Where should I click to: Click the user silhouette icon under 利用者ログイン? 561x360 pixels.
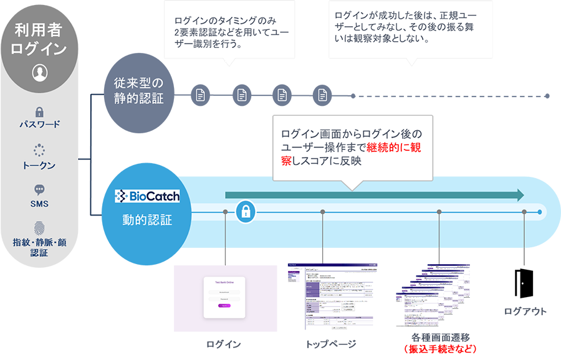click(x=39, y=72)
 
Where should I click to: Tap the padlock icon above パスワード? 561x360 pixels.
click(x=39, y=112)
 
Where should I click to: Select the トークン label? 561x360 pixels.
click(x=39, y=165)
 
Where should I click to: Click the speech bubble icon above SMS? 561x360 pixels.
click(x=39, y=190)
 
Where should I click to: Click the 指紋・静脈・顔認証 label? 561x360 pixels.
click(x=39, y=247)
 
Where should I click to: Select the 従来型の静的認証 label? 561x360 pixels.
click(x=138, y=90)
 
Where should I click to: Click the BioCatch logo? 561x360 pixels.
click(x=147, y=196)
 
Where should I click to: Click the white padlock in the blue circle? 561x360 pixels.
click(x=245, y=212)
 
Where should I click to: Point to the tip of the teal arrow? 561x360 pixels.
click(x=522, y=195)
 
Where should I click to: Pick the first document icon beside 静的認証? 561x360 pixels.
click(x=201, y=95)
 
